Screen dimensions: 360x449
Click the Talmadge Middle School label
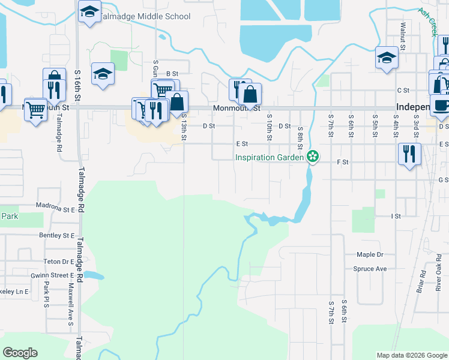point(146,17)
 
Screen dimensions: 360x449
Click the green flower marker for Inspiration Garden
point(312,157)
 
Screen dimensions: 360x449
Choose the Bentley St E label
point(56,236)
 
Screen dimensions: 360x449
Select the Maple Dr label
point(370,254)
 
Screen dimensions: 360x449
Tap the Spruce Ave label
point(370,269)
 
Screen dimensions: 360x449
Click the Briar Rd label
point(420,281)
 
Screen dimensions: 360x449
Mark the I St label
point(396,216)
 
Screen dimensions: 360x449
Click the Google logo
point(20,353)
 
